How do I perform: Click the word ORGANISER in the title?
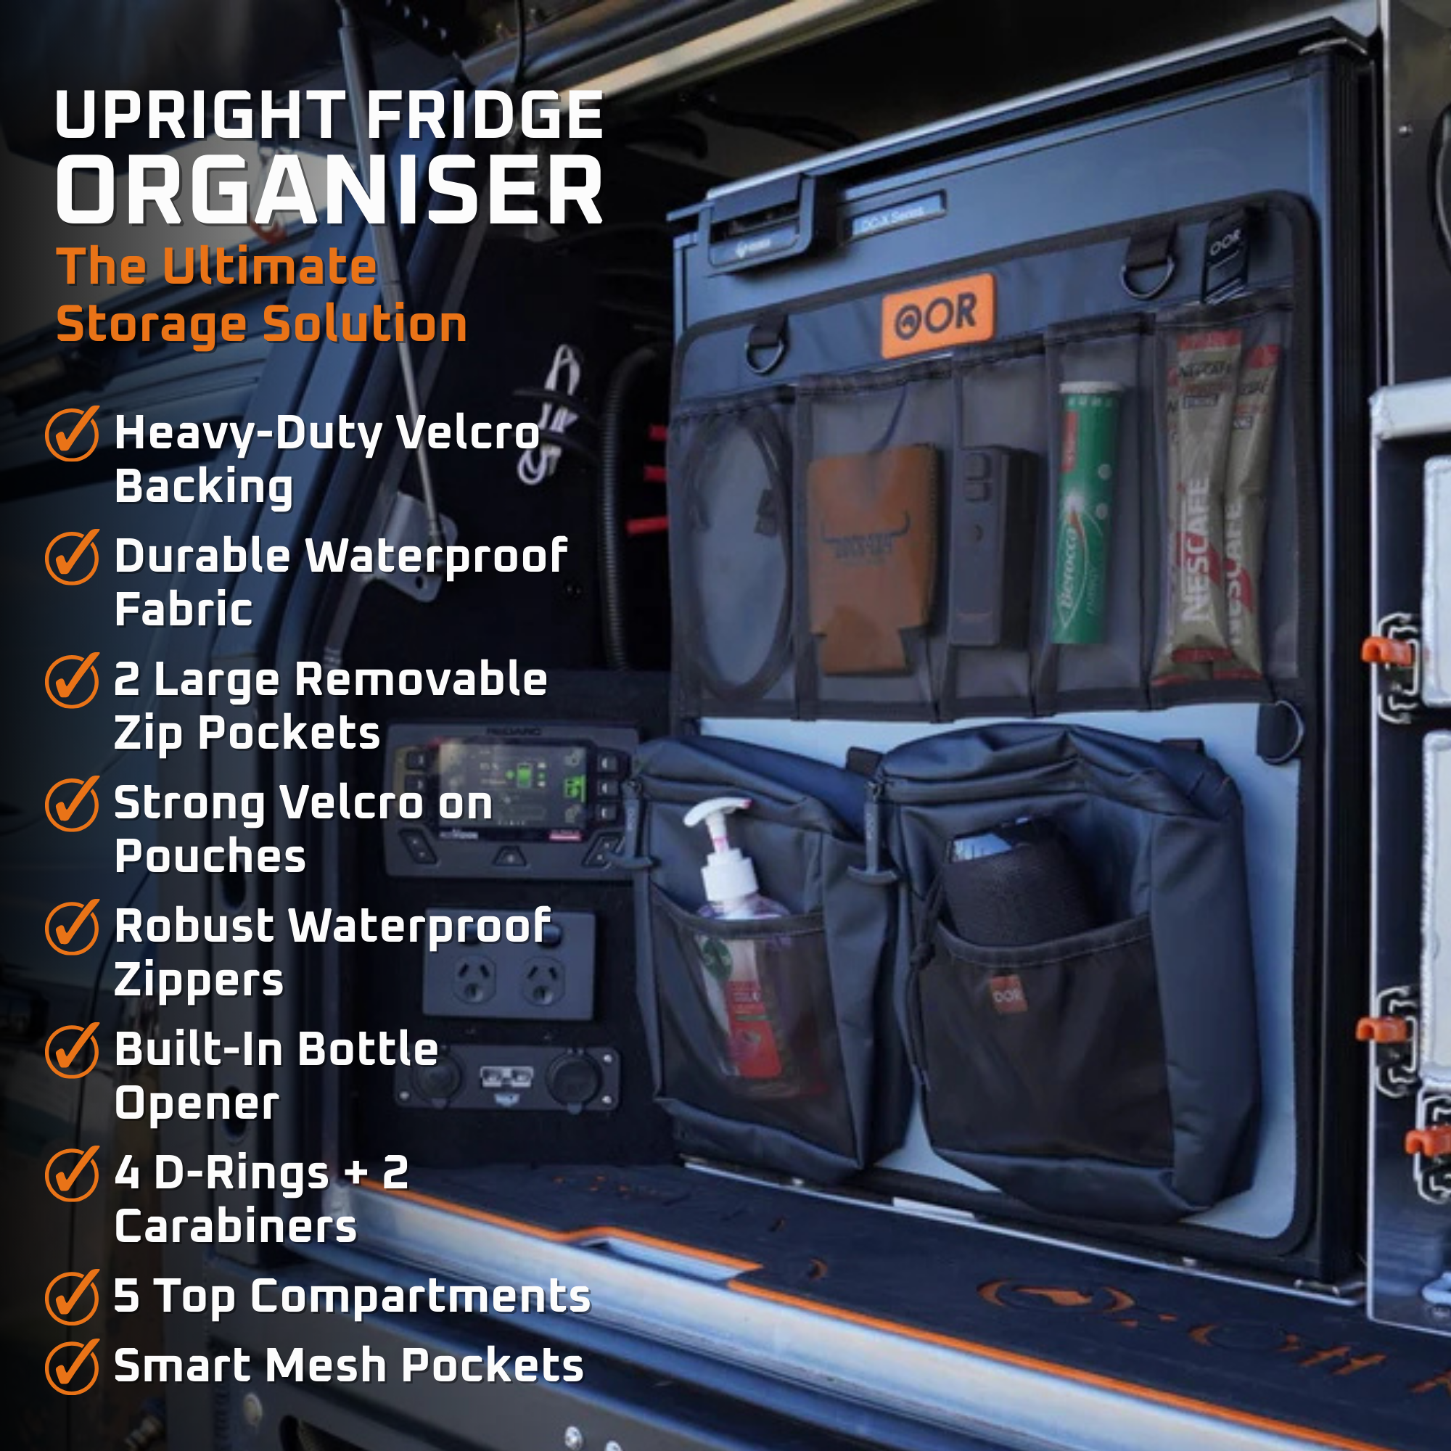(329, 191)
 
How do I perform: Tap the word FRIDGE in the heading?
(485, 115)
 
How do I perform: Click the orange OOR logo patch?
(937, 316)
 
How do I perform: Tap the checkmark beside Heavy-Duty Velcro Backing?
(72, 433)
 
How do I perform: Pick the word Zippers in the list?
(199, 980)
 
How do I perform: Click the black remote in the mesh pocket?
(991, 545)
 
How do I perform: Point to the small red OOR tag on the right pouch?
(1006, 995)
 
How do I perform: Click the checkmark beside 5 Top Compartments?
(72, 1296)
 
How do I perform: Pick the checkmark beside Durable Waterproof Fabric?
(72, 556)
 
